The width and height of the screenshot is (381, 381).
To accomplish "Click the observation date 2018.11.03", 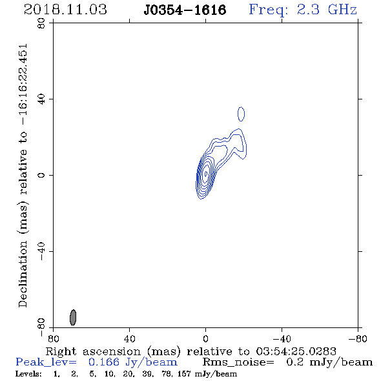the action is pyautogui.click(x=65, y=10).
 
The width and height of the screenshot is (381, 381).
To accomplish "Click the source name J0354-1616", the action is pyautogui.click(x=185, y=10).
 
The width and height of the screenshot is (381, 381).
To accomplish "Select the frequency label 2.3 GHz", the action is pyautogui.click(x=327, y=10).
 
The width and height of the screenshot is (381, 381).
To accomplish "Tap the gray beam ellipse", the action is pyautogui.click(x=73, y=317).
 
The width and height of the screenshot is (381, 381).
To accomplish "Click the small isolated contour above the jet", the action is pyautogui.click(x=241, y=114).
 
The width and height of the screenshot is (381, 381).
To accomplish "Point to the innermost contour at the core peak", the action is pyautogui.click(x=206, y=174).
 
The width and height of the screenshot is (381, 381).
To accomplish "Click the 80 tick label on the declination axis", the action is pyautogui.click(x=41, y=23).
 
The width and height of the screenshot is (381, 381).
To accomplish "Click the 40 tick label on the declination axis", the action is pyautogui.click(x=41, y=99).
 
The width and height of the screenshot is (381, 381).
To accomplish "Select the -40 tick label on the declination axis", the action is pyautogui.click(x=41, y=251).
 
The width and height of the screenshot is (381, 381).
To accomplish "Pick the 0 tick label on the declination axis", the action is pyautogui.click(x=41, y=175).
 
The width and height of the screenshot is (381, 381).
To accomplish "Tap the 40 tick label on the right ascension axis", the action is pyautogui.click(x=129, y=339).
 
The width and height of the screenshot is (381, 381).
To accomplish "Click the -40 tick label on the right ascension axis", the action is pyautogui.click(x=282, y=339).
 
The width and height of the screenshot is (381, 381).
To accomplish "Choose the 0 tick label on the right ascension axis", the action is pyautogui.click(x=205, y=339).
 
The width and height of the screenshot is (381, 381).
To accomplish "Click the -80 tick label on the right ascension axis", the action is pyautogui.click(x=358, y=339).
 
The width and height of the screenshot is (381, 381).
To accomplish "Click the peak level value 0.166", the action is pyautogui.click(x=104, y=362).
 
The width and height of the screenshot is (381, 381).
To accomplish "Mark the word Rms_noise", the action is pyautogui.click(x=238, y=362).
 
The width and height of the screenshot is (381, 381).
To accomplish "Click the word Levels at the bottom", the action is pyautogui.click(x=28, y=374).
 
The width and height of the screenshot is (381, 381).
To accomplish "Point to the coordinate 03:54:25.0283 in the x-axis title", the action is pyautogui.click(x=296, y=351).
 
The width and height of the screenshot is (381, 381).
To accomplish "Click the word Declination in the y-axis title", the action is pyautogui.click(x=23, y=274).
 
